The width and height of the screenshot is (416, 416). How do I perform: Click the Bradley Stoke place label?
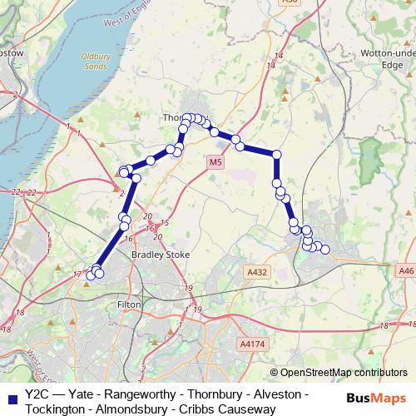161,255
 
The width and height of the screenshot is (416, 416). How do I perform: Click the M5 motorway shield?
216,161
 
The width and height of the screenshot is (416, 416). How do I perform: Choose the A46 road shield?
405,270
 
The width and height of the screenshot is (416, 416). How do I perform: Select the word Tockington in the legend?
57,409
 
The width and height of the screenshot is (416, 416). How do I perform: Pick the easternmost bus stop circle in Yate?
325,250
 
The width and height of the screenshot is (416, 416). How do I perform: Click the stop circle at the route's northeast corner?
277,154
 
